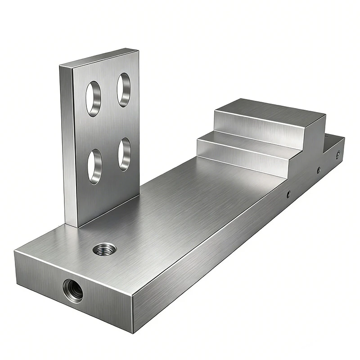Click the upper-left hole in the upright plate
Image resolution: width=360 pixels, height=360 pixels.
point(94,99)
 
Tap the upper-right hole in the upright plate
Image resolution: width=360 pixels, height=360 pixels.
point(124,90)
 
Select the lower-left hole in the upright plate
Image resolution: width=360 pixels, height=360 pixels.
point(94,166)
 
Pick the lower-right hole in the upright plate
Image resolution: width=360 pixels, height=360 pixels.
point(125,154)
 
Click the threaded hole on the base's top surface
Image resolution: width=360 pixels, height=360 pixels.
point(104,248)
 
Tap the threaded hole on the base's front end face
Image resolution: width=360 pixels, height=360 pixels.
point(72,289)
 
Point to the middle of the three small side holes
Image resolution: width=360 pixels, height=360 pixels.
point(319,170)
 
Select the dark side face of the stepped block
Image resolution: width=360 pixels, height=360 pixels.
point(313,139)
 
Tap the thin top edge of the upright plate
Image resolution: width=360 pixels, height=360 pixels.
point(99,58)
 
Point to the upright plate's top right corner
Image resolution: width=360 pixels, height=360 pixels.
point(138,50)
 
